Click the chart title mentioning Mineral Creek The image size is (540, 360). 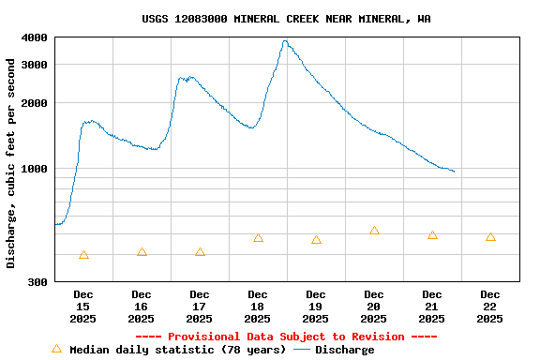click(x=286, y=19)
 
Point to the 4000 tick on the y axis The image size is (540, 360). click(x=35, y=37)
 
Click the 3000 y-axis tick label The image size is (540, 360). click(x=35, y=65)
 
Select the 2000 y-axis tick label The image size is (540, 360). click(x=35, y=103)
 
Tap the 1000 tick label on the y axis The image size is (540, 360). click(x=35, y=169)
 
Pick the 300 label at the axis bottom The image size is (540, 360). click(x=37, y=282)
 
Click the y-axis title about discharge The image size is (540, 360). click(x=11, y=163)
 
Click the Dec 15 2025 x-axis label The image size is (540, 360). click(x=83, y=307)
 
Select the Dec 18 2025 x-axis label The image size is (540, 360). click(x=258, y=307)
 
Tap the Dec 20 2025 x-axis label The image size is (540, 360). click(x=374, y=307)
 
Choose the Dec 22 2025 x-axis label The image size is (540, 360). click(x=490, y=307)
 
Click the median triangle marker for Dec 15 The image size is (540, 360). click(x=83, y=255)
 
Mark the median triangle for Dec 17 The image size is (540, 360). click(x=200, y=252)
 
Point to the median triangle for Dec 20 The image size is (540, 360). click(x=374, y=231)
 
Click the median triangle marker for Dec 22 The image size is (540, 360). click(x=490, y=237)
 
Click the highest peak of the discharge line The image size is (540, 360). click(x=285, y=41)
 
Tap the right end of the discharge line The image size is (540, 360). click(x=454, y=172)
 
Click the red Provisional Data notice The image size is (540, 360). click(x=286, y=337)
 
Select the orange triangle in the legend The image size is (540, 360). click(x=56, y=349)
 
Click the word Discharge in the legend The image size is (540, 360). click(x=344, y=350)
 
